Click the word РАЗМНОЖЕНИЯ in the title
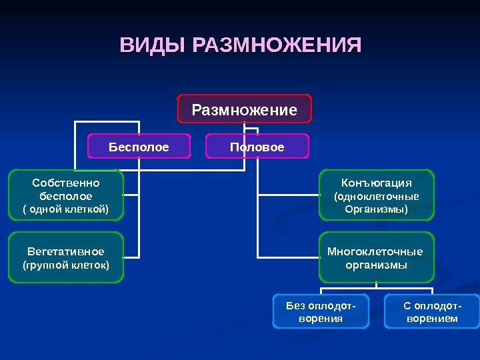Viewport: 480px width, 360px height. (x=276, y=47)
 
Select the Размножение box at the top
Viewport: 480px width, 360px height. (x=244, y=109)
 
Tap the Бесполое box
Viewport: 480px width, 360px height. (x=139, y=147)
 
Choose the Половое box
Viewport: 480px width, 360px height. (x=257, y=147)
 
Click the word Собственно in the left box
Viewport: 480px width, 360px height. (x=66, y=183)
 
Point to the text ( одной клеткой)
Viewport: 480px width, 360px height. (x=66, y=209)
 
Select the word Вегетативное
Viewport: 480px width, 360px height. (x=66, y=251)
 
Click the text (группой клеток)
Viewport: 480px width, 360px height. (x=66, y=265)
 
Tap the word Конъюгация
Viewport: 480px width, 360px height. (x=377, y=183)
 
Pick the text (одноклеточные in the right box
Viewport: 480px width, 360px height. (x=377, y=197)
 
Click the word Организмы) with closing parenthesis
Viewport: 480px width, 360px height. (x=377, y=209)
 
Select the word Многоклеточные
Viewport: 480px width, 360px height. (x=375, y=251)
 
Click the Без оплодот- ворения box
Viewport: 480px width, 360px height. (x=321, y=311)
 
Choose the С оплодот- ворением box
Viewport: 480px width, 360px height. (x=432, y=311)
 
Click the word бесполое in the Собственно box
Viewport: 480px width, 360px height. (x=66, y=196)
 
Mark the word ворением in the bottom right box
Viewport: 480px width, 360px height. (x=432, y=319)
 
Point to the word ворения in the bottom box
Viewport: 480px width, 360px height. (x=321, y=319)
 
